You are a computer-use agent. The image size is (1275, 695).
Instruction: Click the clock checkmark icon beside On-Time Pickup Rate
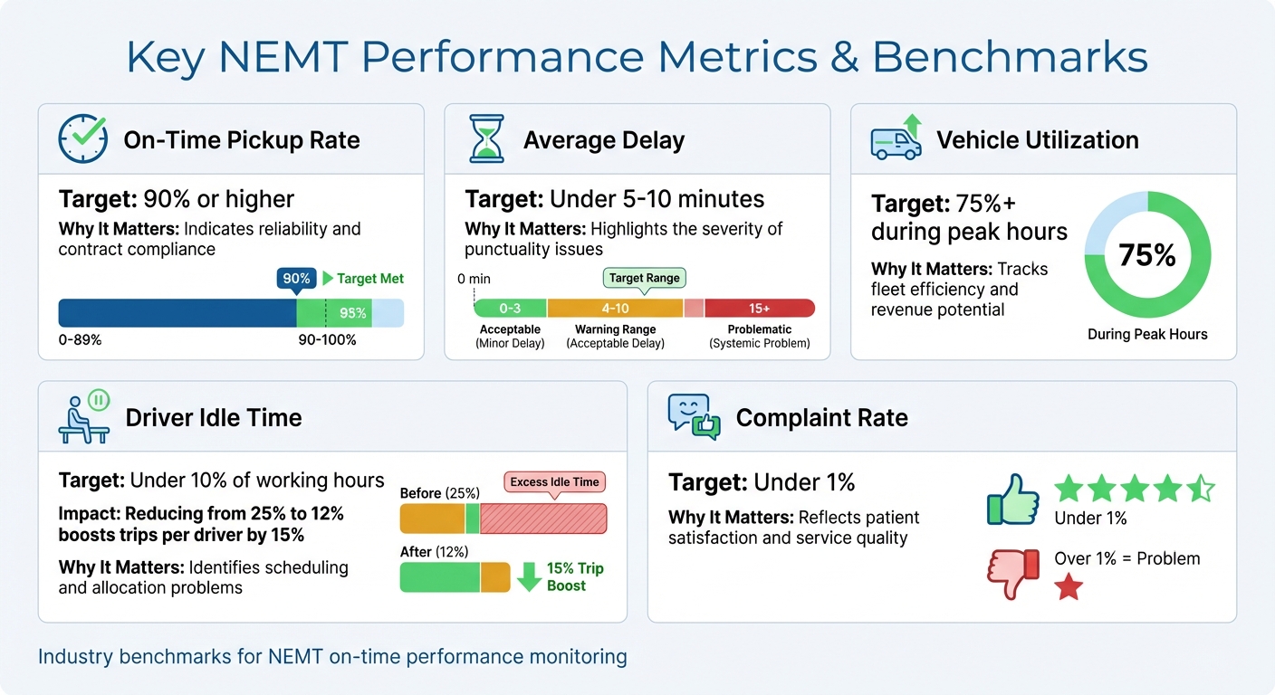(82, 139)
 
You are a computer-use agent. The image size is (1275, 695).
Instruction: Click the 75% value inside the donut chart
(1146, 255)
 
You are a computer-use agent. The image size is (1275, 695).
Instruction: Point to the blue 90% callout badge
(296, 279)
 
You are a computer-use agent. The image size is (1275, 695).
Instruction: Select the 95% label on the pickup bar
(352, 313)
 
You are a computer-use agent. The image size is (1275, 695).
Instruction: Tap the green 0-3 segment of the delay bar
(510, 308)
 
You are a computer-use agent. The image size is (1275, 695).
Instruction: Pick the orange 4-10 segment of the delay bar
(615, 308)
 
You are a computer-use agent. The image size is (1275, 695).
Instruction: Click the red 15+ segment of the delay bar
(759, 308)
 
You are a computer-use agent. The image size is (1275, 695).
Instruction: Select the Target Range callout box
(644, 278)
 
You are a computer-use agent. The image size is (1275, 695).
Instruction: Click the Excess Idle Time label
(554, 481)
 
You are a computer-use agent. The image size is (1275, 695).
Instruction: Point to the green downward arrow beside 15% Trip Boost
(529, 576)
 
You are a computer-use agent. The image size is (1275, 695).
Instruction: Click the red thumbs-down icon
(1012, 572)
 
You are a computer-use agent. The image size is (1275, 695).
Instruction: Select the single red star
(1069, 588)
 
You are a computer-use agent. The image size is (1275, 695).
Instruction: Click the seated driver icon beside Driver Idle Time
(83, 417)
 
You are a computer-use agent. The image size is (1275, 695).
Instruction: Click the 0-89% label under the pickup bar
(80, 340)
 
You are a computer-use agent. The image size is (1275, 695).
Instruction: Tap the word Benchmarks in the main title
(1010, 57)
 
